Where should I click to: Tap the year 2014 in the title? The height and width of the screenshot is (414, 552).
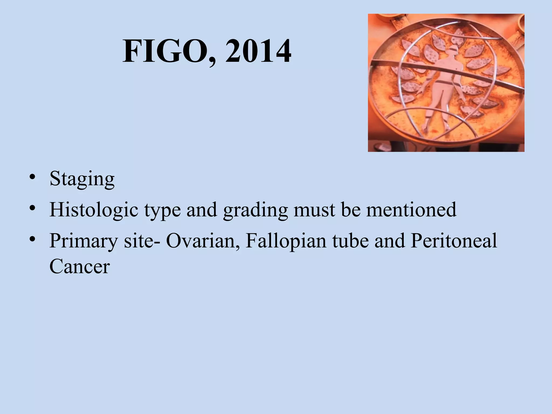click(258, 51)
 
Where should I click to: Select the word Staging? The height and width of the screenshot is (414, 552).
click(82, 179)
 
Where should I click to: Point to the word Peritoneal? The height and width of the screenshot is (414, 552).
click(454, 241)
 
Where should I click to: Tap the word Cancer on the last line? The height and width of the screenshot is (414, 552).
click(80, 267)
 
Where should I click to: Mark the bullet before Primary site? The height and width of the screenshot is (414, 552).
click(33, 239)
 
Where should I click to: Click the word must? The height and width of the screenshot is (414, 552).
click(314, 210)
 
